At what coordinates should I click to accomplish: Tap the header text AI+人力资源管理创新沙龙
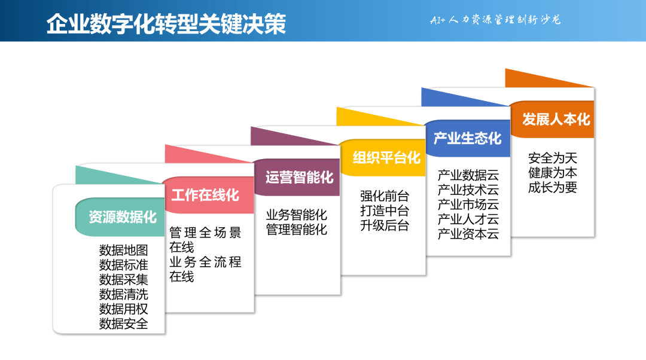495,20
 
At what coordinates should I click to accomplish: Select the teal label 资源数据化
123,217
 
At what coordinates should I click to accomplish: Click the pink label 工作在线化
205,195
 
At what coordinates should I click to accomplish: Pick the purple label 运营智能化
299,177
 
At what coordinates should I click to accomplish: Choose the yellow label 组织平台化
386,158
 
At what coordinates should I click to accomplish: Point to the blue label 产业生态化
468,138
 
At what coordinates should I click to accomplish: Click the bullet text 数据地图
123,250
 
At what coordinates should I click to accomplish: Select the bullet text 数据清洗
123,294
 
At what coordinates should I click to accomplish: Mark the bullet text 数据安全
123,324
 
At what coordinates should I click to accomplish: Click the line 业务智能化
297,215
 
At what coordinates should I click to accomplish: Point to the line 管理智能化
297,229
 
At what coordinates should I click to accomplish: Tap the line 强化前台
385,196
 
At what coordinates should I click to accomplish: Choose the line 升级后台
385,225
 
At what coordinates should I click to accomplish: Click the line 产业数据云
468,175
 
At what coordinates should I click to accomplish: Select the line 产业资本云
468,234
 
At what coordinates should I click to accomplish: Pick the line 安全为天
553,158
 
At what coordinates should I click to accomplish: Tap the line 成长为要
553,188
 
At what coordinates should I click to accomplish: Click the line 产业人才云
468,219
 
